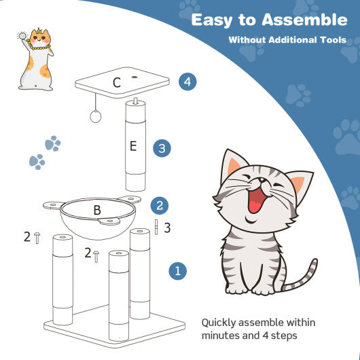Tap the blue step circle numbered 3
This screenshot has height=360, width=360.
click(161, 147)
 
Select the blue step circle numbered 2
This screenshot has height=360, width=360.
click(158, 205)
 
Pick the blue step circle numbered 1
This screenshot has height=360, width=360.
click(177, 271)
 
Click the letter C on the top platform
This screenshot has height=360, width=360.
click(117, 84)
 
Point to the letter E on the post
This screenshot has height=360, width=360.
click(134, 145)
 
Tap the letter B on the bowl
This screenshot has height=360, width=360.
click(97, 210)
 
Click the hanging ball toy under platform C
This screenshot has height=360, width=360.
click(94, 117)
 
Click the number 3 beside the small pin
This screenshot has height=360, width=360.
click(167, 228)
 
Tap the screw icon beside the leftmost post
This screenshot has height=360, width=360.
click(37, 237)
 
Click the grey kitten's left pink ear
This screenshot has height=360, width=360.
click(234, 166)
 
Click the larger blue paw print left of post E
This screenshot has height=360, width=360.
click(53, 143)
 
